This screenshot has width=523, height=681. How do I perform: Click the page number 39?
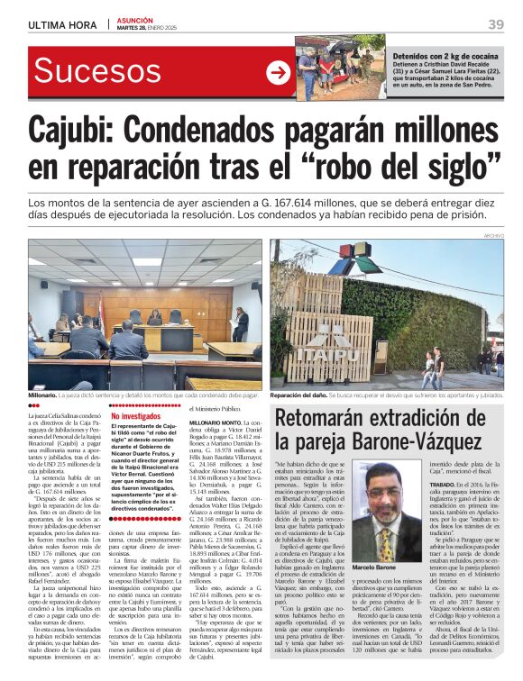click(x=495, y=24)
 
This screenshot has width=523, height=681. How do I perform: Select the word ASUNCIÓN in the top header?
click(x=133, y=18)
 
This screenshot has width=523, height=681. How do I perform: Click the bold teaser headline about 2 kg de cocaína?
click(x=445, y=56)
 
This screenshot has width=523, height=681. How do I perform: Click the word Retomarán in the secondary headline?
click(x=334, y=417)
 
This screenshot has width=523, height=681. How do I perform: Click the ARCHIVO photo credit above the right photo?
click(x=491, y=235)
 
